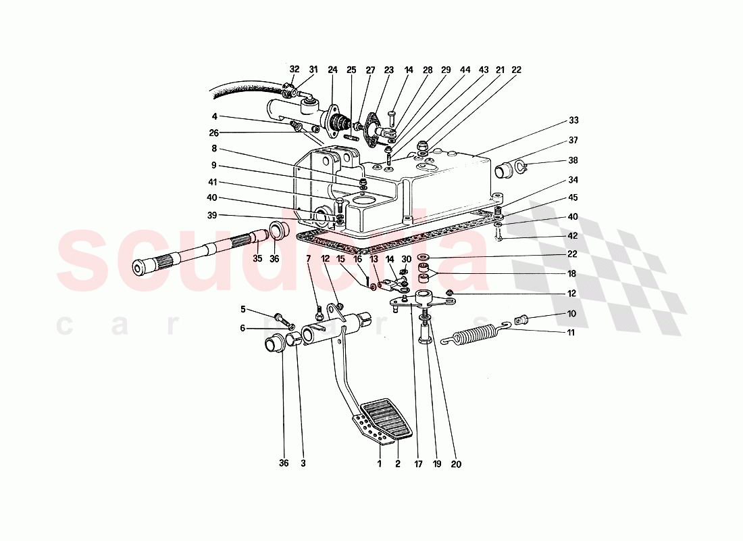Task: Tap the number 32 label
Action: pos(294,69)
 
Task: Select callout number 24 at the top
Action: pos(332,69)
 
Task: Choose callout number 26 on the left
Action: pos(214,133)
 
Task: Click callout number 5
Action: pos(243,310)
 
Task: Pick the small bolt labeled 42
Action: pos(498,235)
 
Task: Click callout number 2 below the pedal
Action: pos(398,464)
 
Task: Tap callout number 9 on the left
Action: pos(214,164)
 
